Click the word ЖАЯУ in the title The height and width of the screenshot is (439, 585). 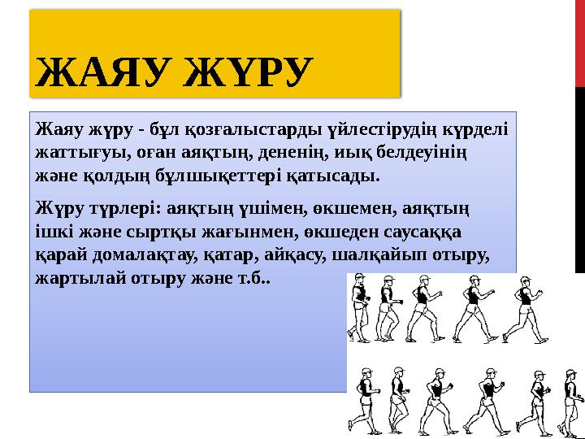[102, 73]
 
